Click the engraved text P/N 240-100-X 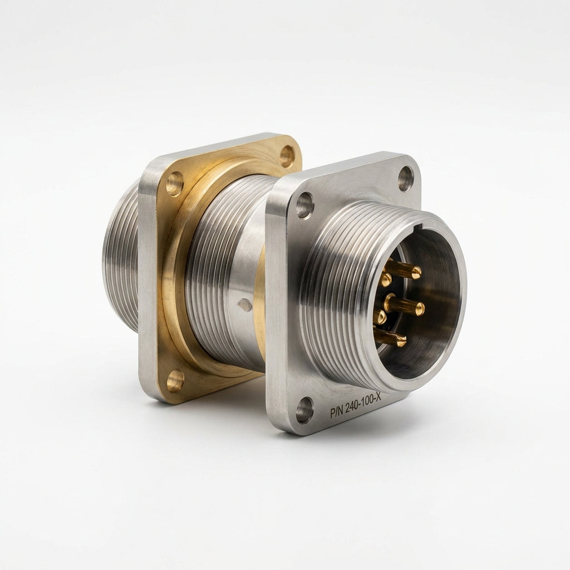[x=356, y=406]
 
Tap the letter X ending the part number [x=378, y=397]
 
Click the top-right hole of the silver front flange [x=406, y=179]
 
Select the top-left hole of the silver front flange [x=304, y=205]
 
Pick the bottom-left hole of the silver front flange [x=304, y=410]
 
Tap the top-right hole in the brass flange [x=288, y=156]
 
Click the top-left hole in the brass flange [x=175, y=184]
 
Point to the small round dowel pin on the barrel [x=243, y=304]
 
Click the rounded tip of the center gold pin [x=420, y=308]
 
